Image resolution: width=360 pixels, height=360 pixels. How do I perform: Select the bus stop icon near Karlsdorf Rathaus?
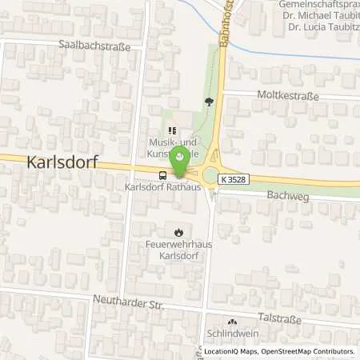(x=163, y=175)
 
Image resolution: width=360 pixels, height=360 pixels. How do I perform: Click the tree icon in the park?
(x=209, y=102)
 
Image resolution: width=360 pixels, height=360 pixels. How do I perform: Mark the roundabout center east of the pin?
(x=214, y=176)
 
